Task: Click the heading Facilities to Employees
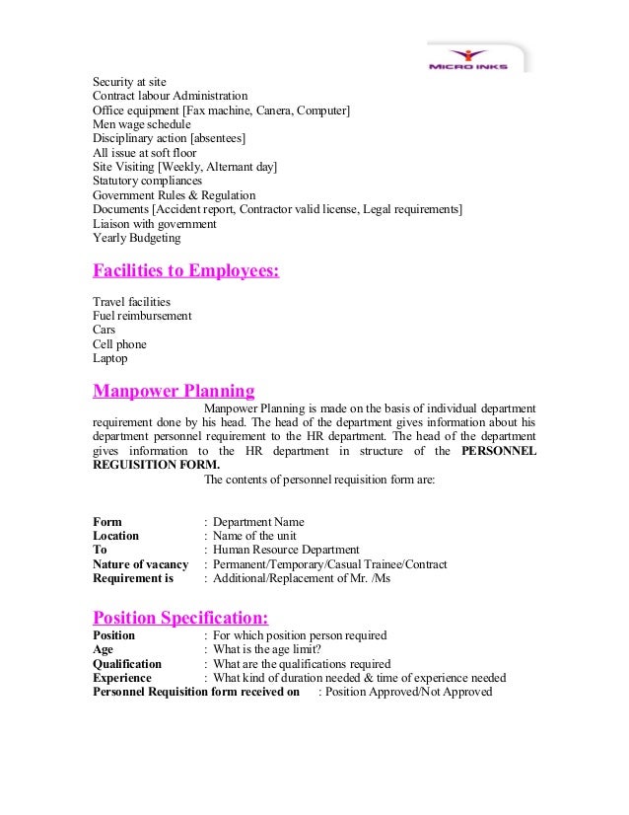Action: point(185,270)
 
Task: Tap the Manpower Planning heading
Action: point(174,389)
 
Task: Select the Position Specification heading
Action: point(179,618)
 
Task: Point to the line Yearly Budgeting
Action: point(137,238)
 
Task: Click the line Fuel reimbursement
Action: point(142,316)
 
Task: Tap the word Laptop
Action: point(110,358)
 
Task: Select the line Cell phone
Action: point(119,344)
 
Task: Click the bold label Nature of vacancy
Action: point(140,564)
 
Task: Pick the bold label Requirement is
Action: point(133,578)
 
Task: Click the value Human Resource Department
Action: point(286,550)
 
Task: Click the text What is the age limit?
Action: point(281,650)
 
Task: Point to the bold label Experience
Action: point(122,678)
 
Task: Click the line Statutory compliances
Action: point(147,182)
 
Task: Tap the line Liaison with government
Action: point(154,224)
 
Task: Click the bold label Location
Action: point(115,536)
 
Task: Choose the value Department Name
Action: point(258,522)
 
